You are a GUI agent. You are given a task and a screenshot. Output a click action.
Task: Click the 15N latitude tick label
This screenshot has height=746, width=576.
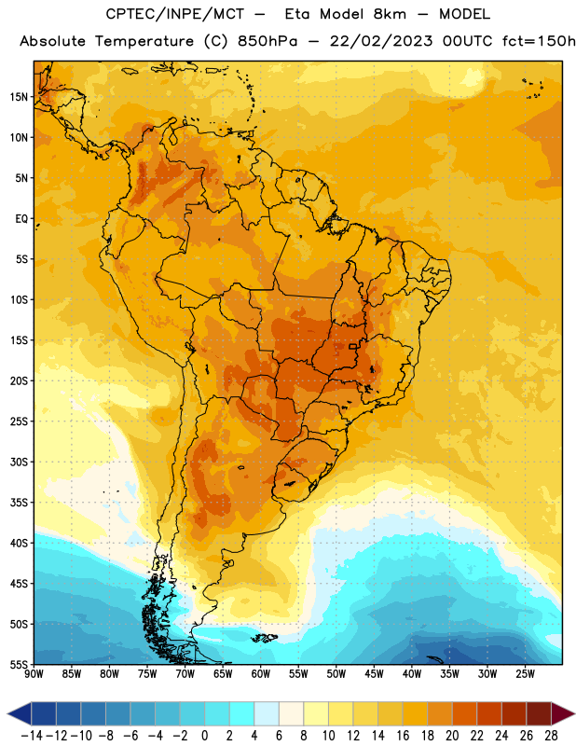pyautogui.click(x=19, y=97)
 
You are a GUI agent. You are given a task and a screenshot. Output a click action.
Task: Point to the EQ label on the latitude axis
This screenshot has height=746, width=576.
pyautogui.click(x=21, y=219)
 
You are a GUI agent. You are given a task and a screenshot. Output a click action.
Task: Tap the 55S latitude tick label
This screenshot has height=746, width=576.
pyautogui.click(x=19, y=664)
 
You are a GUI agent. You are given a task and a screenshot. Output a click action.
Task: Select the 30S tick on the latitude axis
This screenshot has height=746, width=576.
pyautogui.click(x=19, y=462)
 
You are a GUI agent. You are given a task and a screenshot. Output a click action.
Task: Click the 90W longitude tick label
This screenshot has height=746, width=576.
pyautogui.click(x=34, y=673)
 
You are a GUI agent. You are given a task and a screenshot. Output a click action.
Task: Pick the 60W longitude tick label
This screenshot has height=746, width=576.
pyautogui.click(x=261, y=673)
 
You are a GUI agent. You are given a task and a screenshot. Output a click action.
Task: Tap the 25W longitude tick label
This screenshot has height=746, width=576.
pyautogui.click(x=525, y=673)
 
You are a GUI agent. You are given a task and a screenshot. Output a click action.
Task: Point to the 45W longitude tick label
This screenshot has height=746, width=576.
pyautogui.click(x=374, y=673)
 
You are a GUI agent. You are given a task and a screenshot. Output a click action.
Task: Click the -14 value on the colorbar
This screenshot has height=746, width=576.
pyautogui.click(x=32, y=736)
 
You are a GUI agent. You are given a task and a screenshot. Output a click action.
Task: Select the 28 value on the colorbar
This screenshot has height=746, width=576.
pyautogui.click(x=551, y=736)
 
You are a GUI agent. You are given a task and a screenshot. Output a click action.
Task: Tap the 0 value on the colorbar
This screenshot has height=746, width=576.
pyautogui.click(x=205, y=736)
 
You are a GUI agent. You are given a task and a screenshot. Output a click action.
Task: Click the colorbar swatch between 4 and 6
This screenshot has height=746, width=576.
pyautogui.click(x=267, y=713)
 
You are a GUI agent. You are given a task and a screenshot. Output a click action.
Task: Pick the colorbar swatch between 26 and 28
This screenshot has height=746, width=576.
pyautogui.click(x=539, y=713)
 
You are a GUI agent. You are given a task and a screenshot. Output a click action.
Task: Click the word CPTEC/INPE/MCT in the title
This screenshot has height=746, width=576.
pyautogui.click(x=175, y=14)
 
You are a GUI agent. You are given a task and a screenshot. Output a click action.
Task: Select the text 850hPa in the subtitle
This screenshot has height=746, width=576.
pyautogui.click(x=267, y=41)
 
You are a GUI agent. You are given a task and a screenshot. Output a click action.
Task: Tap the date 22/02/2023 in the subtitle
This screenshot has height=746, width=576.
pyautogui.click(x=381, y=41)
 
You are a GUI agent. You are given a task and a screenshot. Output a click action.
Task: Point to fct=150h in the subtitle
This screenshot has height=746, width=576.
pyautogui.click(x=539, y=41)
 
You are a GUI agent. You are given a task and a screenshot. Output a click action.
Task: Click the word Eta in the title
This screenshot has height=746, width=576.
pyautogui.click(x=297, y=14)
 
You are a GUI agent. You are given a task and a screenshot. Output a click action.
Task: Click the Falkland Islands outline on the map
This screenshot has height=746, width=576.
pyautogui.click(x=265, y=638)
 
